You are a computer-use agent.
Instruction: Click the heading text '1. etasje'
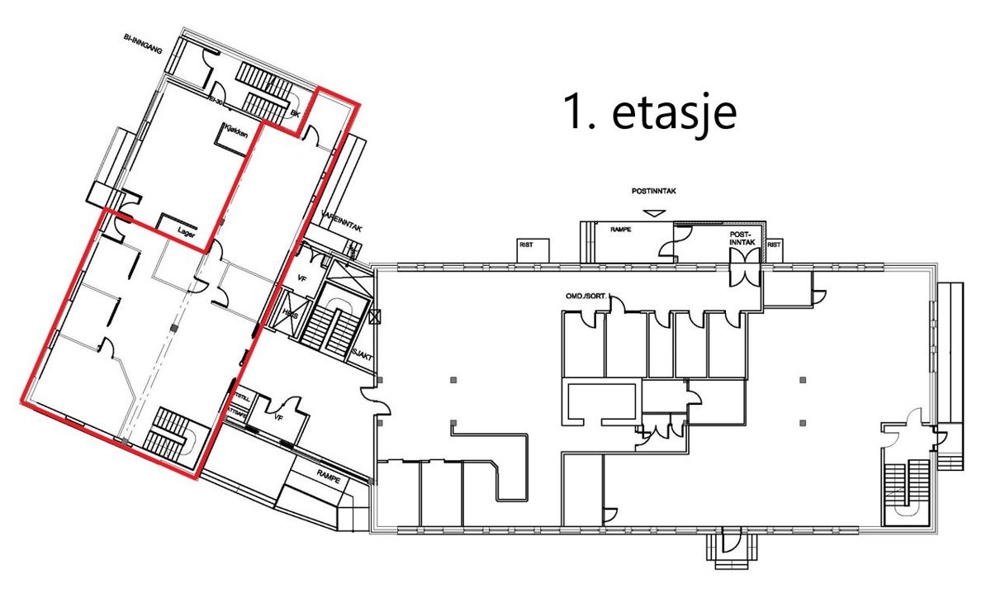tap(648, 112)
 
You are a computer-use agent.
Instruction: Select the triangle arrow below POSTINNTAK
tap(655, 213)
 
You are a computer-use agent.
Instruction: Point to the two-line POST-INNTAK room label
tap(741, 239)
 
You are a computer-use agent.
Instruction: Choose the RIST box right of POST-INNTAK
tap(774, 245)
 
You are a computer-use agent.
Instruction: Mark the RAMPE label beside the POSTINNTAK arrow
tap(620, 230)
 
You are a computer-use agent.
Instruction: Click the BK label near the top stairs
tap(294, 115)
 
